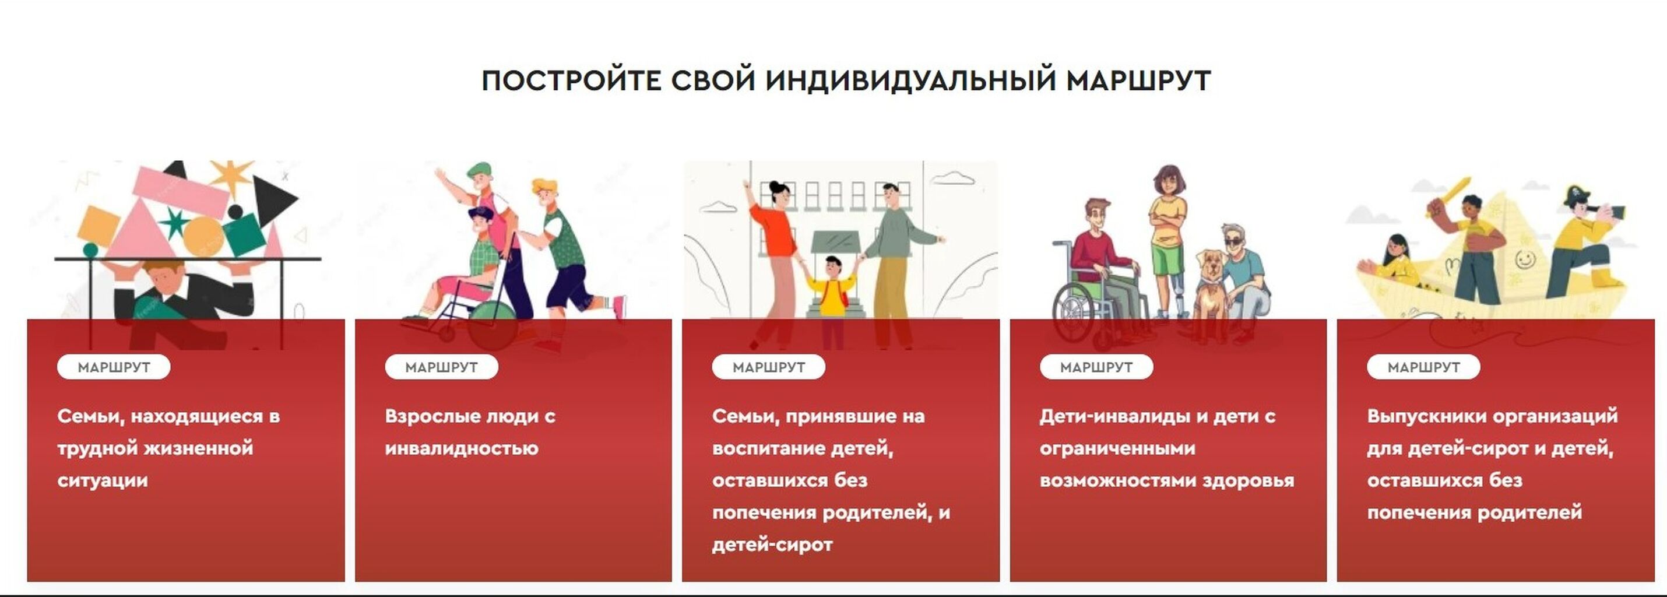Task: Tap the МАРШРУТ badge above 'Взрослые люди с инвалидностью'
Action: [x=441, y=367]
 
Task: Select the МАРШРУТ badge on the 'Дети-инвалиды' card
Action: [x=1096, y=367]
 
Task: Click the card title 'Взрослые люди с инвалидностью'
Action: [x=470, y=432]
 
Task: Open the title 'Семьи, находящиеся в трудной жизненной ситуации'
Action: [x=168, y=448]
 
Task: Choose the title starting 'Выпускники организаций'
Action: [x=1492, y=464]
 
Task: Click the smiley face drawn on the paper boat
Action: [x=1525, y=259]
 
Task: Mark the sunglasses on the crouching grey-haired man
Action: [x=1233, y=242]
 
